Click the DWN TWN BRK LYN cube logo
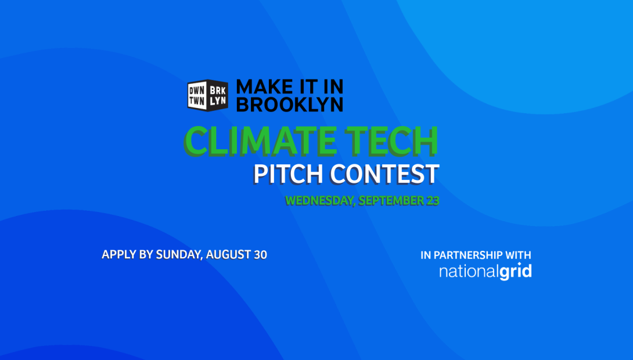(x=207, y=95)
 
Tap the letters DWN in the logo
(x=197, y=91)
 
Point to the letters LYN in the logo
(x=218, y=101)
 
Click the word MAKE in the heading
(x=264, y=87)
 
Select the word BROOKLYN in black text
(x=290, y=104)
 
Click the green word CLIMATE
(x=260, y=141)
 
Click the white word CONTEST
(x=384, y=174)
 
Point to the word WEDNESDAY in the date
(x=321, y=200)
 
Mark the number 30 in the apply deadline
(x=260, y=255)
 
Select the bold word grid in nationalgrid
(x=516, y=272)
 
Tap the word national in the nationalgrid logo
(x=469, y=272)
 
